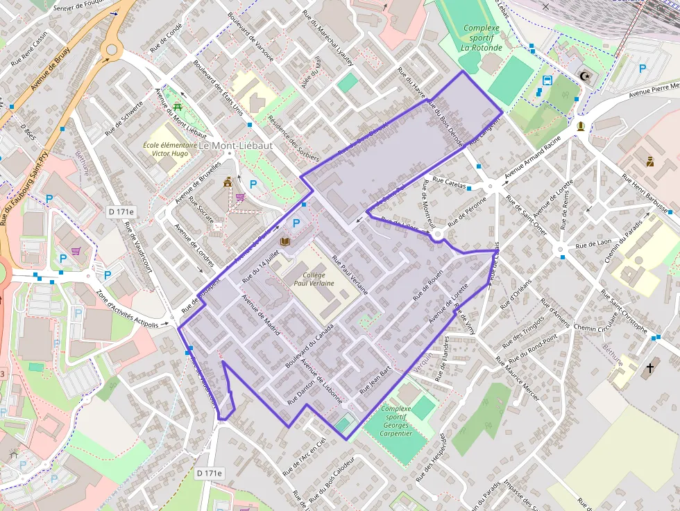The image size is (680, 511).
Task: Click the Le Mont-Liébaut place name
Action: pyautogui.click(x=235, y=146)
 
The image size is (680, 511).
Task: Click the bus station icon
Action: pyautogui.click(x=547, y=80)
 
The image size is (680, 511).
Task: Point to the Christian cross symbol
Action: pyautogui.click(x=650, y=367)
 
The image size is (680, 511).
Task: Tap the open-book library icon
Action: pyautogui.click(x=284, y=241)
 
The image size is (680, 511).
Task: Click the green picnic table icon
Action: pyautogui.click(x=178, y=107)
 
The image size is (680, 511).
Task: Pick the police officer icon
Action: pyautogui.click(x=649, y=162)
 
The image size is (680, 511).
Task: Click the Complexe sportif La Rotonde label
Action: pyautogui.click(x=486, y=38)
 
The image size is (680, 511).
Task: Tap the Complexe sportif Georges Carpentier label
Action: pyautogui.click(x=396, y=422)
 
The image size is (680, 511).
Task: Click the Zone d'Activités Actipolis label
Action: pyautogui.click(x=132, y=309)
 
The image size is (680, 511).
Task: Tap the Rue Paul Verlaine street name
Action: pyautogui.click(x=349, y=273)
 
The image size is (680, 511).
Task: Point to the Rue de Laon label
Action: pyautogui.click(x=594, y=245)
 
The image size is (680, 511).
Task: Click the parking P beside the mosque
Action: pyautogui.click(x=643, y=69)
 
